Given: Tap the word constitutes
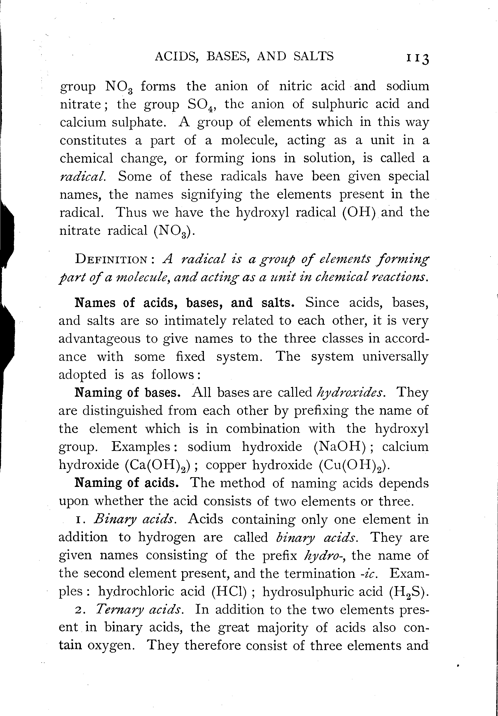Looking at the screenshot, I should point(93,140).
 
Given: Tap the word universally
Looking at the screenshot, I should point(395,357).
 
